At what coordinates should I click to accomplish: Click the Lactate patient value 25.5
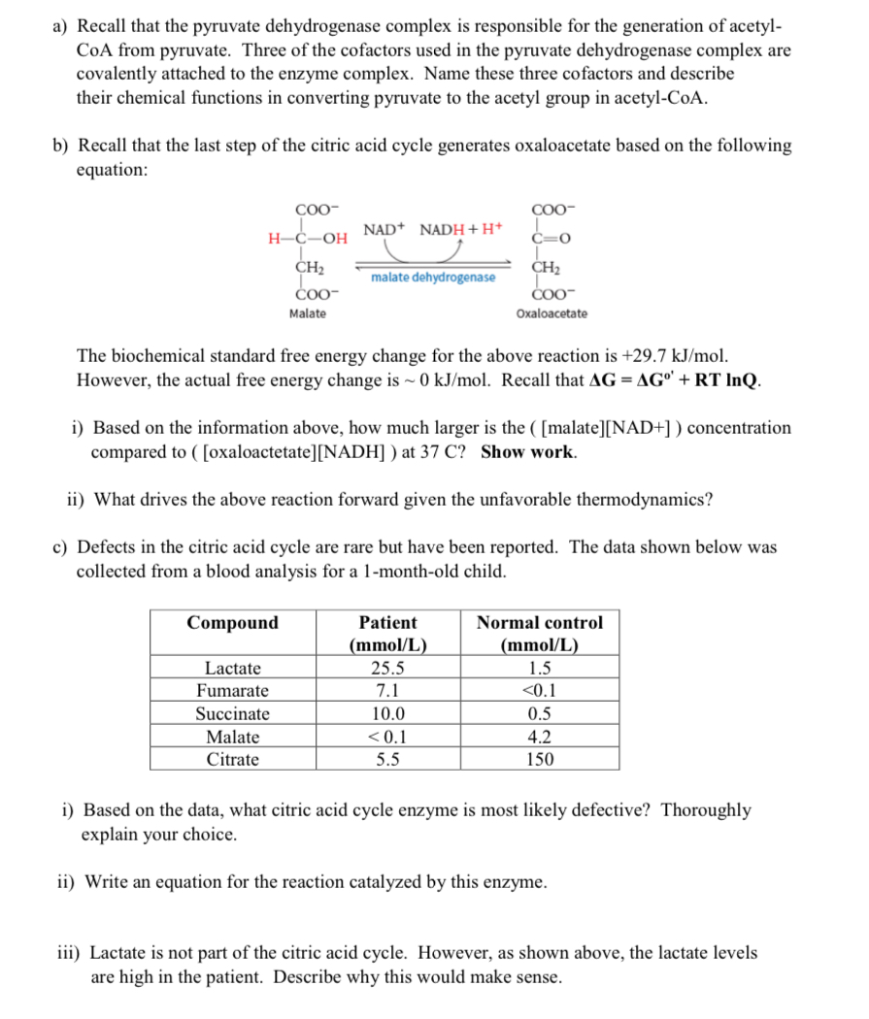[x=387, y=668]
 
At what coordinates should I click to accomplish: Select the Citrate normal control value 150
[x=539, y=760]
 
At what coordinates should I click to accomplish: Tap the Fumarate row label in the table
[x=233, y=691]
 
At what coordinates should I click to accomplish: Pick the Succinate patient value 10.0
[x=387, y=714]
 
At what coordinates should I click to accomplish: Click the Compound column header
[x=233, y=623]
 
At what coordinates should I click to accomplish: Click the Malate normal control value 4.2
[x=539, y=738]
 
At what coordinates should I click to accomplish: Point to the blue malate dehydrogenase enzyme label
[x=433, y=278]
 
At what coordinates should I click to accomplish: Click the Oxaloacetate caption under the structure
[x=551, y=313]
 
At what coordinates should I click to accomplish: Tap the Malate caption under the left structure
[x=308, y=313]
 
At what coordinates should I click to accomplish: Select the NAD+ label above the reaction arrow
[x=384, y=229]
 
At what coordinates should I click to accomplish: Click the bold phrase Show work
[x=528, y=451]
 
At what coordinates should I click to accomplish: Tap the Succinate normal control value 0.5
[x=539, y=714]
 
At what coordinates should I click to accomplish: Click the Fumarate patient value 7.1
[x=387, y=691]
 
